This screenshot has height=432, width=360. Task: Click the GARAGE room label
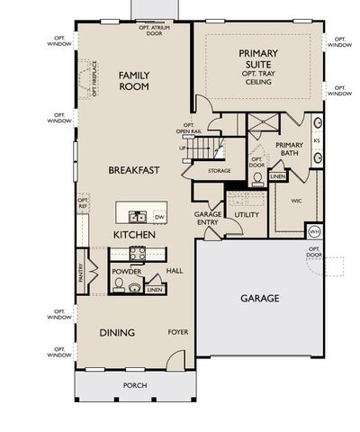pyautogui.click(x=259, y=298)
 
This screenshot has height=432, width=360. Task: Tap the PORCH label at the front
pyautogui.click(x=135, y=385)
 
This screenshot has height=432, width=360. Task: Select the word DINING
pyautogui.click(x=117, y=333)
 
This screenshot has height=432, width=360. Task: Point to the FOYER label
pyautogui.click(x=177, y=332)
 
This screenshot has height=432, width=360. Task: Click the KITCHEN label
pyautogui.click(x=134, y=235)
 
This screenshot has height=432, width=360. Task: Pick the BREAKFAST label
pyautogui.click(x=134, y=169)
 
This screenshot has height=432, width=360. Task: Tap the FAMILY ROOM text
pyautogui.click(x=134, y=81)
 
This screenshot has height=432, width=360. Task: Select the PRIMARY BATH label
pyautogui.click(x=289, y=149)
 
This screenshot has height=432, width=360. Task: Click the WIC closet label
pyautogui.click(x=295, y=202)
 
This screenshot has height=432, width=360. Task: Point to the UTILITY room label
pyautogui.click(x=247, y=215)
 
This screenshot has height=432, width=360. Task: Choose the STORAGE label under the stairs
pyautogui.click(x=219, y=170)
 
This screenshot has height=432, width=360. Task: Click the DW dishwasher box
pyautogui.click(x=159, y=217)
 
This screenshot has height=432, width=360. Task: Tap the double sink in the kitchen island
pyautogui.click(x=137, y=216)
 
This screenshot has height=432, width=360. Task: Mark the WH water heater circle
pyautogui.click(x=314, y=231)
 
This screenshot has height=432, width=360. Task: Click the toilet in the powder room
pyautogui.click(x=134, y=288)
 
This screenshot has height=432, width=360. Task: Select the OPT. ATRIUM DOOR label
pyautogui.click(x=156, y=31)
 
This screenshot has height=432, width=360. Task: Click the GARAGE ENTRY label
pyautogui.click(x=208, y=219)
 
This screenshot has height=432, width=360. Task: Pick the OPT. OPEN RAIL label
pyautogui.click(x=187, y=129)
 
